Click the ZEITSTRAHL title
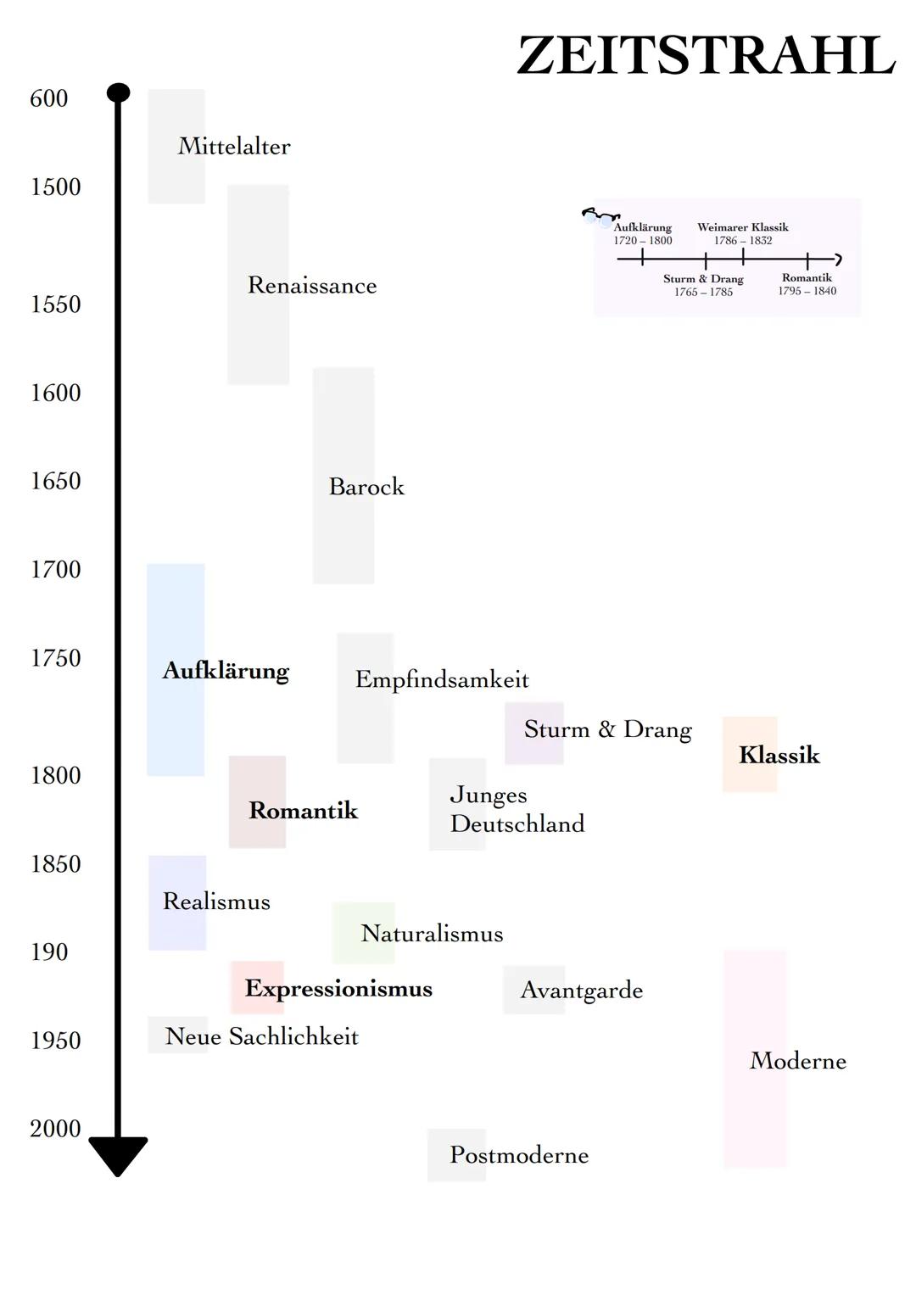pyautogui.click(x=706, y=56)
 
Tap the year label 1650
pyautogui.click(x=56, y=481)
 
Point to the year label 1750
pyautogui.click(x=56, y=658)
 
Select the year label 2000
pyautogui.click(x=56, y=1129)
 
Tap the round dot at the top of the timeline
pyautogui.click(x=119, y=92)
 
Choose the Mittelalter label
pyautogui.click(x=234, y=146)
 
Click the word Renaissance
pyautogui.click(x=312, y=285)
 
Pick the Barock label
pyautogui.click(x=366, y=487)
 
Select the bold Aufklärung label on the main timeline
pyautogui.click(x=226, y=671)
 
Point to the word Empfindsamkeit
pyautogui.click(x=442, y=679)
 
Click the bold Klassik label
pyautogui.click(x=779, y=755)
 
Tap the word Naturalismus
pyautogui.click(x=432, y=934)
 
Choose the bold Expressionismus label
pyautogui.click(x=338, y=989)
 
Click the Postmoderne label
pyautogui.click(x=519, y=1155)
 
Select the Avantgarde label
pyautogui.click(x=582, y=990)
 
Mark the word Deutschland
pyautogui.click(x=517, y=823)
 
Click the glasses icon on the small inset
pyautogui.click(x=599, y=216)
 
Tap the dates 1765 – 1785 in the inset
pyautogui.click(x=703, y=293)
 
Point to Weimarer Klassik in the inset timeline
pyautogui.click(x=743, y=227)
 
